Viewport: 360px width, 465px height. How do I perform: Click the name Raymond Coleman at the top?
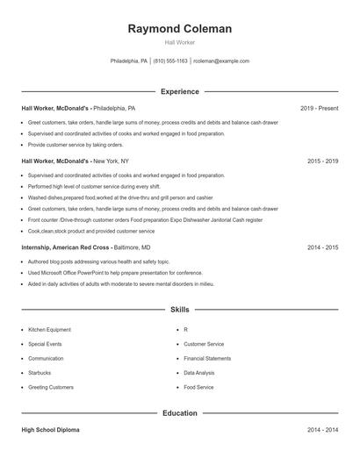click(180, 29)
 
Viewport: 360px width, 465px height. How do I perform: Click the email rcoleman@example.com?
click(221, 61)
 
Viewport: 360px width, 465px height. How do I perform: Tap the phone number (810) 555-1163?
click(170, 61)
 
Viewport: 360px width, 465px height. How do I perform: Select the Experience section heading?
click(180, 91)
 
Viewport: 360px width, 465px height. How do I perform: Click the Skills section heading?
click(180, 310)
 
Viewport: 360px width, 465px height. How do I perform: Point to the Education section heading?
click(180, 412)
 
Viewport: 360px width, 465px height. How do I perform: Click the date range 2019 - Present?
click(319, 108)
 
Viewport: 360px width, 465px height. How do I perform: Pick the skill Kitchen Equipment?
click(49, 330)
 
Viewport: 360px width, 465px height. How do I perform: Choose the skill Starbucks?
click(40, 372)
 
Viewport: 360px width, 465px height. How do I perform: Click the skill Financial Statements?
click(207, 358)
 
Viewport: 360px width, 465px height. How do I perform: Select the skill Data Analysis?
click(200, 372)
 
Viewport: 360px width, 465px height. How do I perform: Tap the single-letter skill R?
click(186, 330)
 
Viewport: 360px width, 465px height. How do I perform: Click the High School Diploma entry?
click(50, 430)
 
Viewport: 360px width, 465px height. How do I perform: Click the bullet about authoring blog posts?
click(98, 261)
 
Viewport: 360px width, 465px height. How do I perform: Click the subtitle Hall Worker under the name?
click(180, 42)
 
